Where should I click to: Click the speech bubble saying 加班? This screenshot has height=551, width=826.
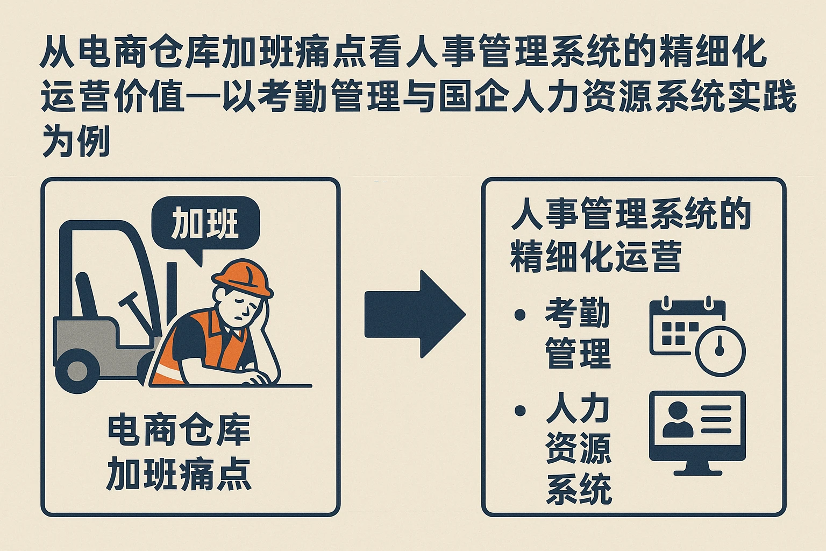click(205, 224)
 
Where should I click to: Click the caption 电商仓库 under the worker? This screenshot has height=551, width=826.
click(179, 430)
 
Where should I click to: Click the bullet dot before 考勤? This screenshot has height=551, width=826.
click(519, 314)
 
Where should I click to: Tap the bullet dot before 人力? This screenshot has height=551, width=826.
click(519, 411)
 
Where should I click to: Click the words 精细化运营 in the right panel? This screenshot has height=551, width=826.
click(596, 257)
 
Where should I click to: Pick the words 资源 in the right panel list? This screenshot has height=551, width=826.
click(578, 448)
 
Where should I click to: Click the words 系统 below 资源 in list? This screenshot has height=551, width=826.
click(578, 489)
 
